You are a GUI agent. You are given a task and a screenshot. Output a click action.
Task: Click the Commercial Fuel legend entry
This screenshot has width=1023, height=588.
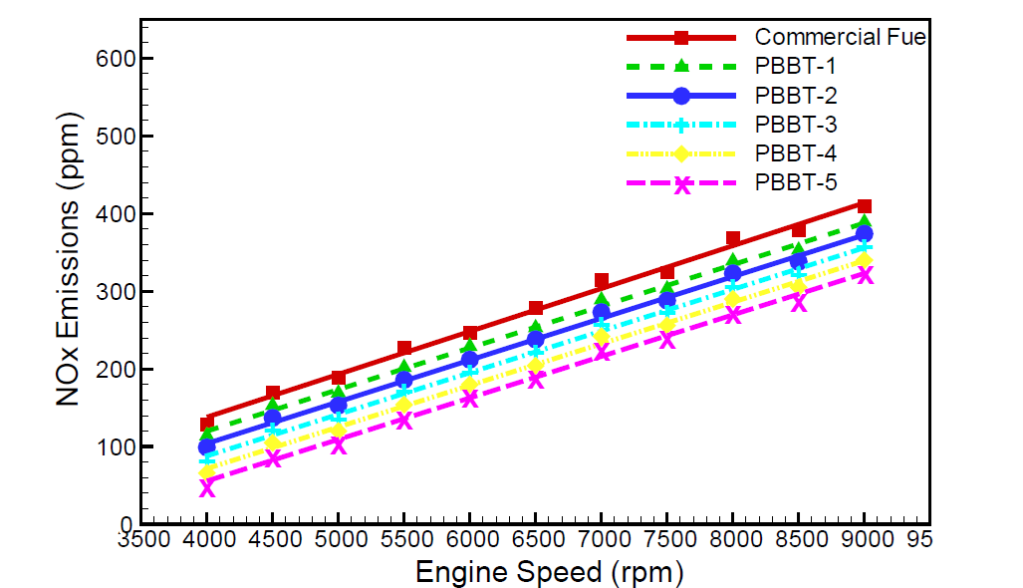point(841,38)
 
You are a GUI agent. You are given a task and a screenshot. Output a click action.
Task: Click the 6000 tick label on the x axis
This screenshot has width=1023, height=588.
point(470,541)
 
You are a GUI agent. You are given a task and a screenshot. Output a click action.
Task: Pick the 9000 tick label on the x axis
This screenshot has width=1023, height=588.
point(865,541)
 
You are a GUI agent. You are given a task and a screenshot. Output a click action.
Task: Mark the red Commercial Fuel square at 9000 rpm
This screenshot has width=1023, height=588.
point(865,205)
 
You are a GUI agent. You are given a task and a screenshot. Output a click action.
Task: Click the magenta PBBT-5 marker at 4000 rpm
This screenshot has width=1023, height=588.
point(207,487)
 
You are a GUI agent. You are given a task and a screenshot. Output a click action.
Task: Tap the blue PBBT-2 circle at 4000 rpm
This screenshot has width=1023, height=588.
point(207,446)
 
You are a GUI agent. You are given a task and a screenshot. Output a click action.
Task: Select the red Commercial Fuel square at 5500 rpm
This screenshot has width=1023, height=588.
point(404,348)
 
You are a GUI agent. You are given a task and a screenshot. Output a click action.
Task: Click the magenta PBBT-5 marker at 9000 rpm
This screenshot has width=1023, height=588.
point(865,275)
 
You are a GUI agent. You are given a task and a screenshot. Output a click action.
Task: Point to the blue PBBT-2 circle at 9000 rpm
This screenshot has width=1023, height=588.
point(865,234)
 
